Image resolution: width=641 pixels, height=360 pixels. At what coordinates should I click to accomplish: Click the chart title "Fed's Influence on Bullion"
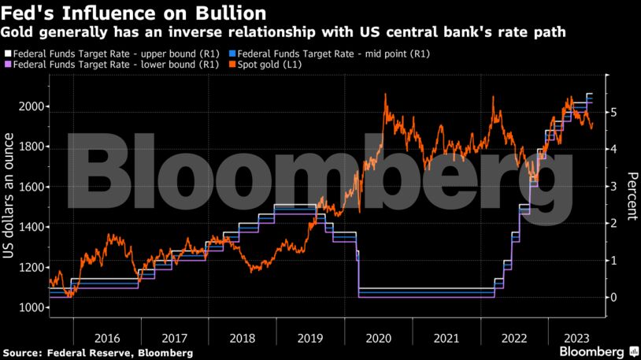click(132, 13)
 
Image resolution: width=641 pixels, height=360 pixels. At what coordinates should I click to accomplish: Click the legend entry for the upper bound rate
click(109, 54)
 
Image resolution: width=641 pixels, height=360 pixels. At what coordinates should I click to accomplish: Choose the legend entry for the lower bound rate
click(109, 65)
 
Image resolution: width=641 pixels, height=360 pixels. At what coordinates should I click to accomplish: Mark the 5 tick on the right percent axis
click(613, 113)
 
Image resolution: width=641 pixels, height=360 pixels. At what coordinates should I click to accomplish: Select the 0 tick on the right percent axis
click(613, 297)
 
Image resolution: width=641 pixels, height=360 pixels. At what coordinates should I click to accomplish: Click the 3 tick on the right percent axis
click(613, 187)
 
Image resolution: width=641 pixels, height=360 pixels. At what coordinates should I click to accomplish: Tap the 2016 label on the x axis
click(106, 337)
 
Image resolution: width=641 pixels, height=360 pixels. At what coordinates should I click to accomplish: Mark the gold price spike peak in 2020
click(385, 95)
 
